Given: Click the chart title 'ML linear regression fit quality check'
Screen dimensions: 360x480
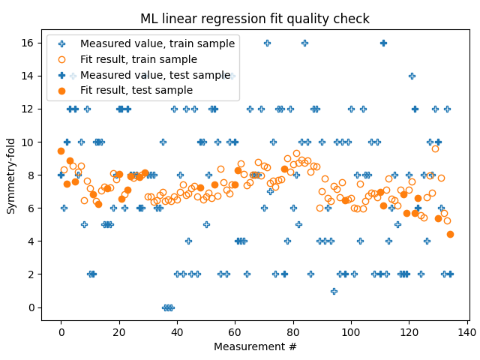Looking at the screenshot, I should pyautogui.click(x=254, y=19).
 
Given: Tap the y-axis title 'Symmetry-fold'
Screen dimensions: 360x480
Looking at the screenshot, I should pyautogui.click(x=11, y=175).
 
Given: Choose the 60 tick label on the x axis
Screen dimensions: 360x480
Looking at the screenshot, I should pyautogui.click(x=235, y=332).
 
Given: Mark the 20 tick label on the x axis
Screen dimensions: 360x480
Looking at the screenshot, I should pyautogui.click(x=119, y=332).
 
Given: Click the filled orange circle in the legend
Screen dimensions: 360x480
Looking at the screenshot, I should pyautogui.click(x=62, y=90).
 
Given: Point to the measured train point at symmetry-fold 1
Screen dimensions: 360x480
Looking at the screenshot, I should pyautogui.click(x=334, y=291).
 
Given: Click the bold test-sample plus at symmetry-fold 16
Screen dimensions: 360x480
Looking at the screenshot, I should pyautogui.click(x=383, y=43).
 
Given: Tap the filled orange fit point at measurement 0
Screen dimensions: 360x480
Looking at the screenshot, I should pyautogui.click(x=61, y=151).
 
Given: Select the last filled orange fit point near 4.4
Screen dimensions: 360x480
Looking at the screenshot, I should pyautogui.click(x=450, y=234).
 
